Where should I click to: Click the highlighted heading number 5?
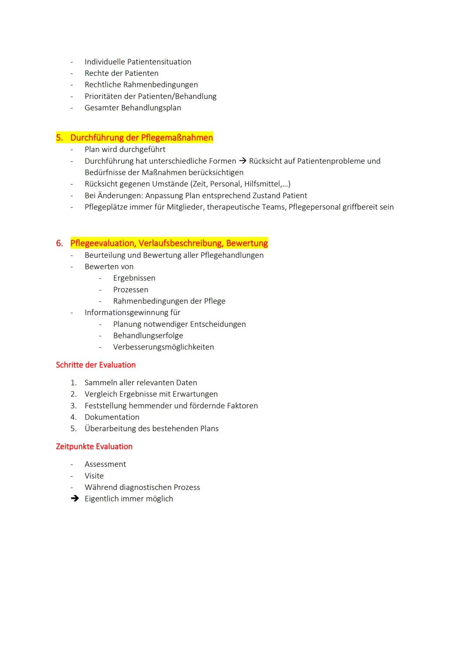pyautogui.click(x=59, y=138)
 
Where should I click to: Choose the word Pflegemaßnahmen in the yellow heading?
pyautogui.click(x=177, y=138)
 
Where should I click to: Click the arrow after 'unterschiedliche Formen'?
pyautogui.click(x=243, y=161)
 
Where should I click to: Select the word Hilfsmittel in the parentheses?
pyautogui.click(x=262, y=184)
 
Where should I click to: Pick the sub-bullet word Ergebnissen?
pyautogui.click(x=134, y=278)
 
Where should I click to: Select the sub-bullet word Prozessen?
pyautogui.click(x=131, y=290)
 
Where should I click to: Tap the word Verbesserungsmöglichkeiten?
pyautogui.click(x=163, y=347)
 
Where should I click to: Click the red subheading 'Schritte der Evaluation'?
pyautogui.click(x=96, y=365)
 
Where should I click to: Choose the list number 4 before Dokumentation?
pyautogui.click(x=73, y=418)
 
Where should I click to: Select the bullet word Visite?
pyautogui.click(x=94, y=476)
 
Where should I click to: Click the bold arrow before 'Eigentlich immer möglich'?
pyautogui.click(x=75, y=499)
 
